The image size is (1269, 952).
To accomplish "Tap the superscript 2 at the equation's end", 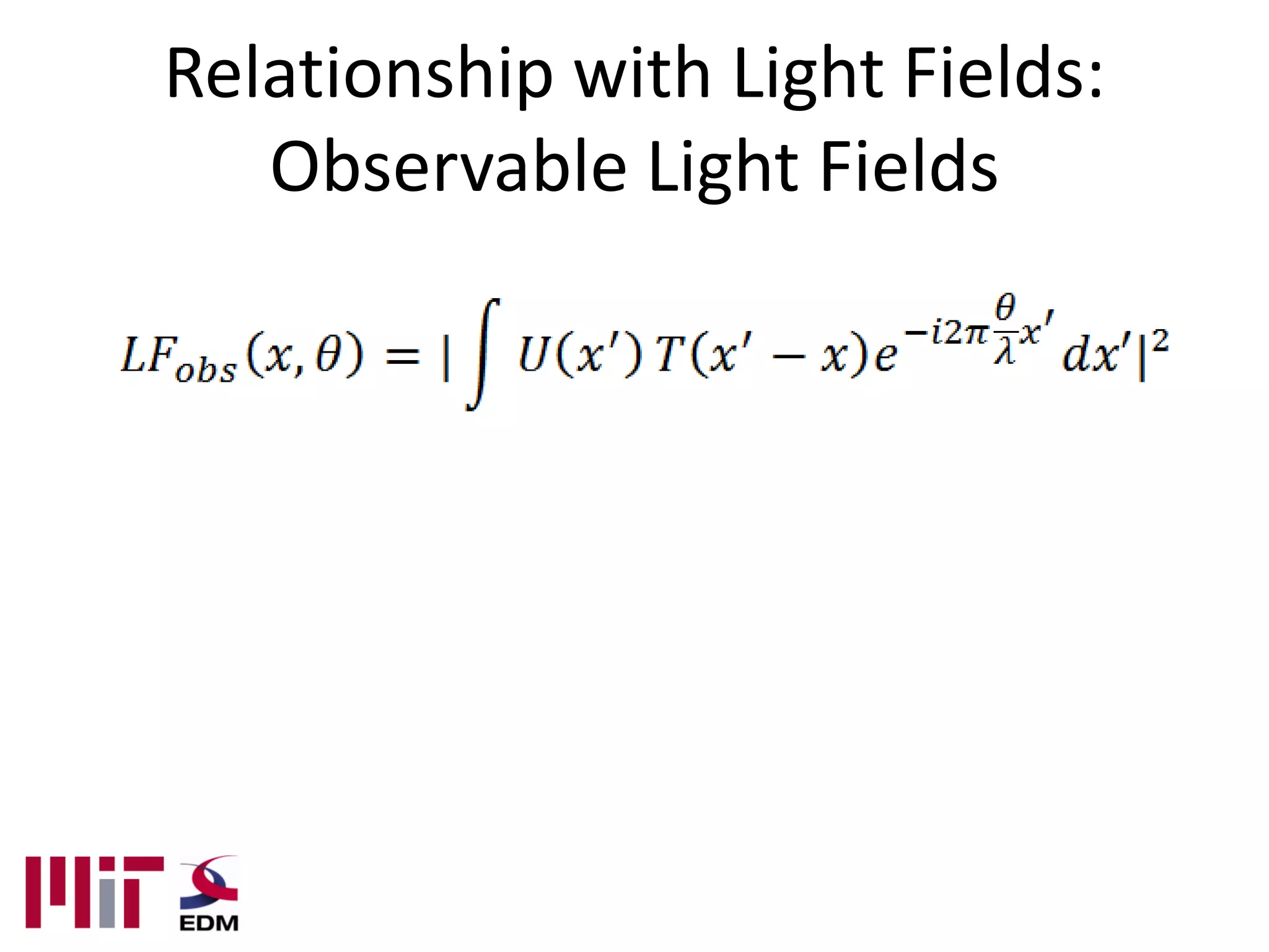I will pos(1161,341).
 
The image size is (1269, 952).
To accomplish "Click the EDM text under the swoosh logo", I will pos(209,923).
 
